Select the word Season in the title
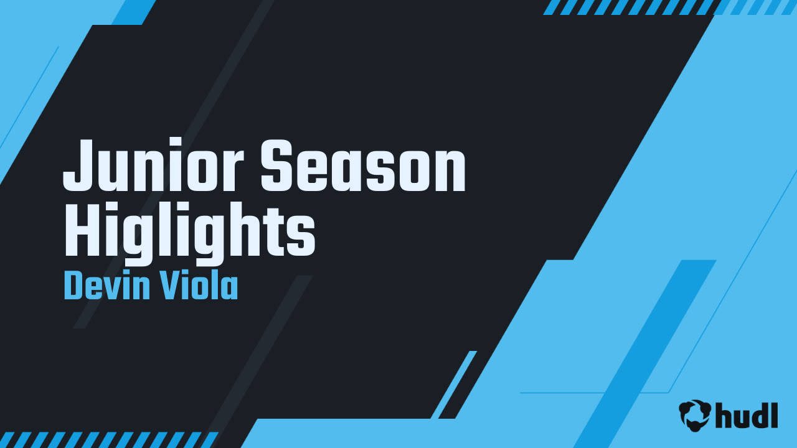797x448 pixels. pos(363,166)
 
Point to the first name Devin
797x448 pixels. pos(103,287)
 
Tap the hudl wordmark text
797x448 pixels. pos(747,414)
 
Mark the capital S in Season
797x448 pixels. pos(278,166)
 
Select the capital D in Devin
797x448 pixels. pos(73,287)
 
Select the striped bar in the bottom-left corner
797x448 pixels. pos(109,439)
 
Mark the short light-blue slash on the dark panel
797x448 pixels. pos(454,385)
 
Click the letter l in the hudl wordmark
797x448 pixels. pos(774,413)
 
